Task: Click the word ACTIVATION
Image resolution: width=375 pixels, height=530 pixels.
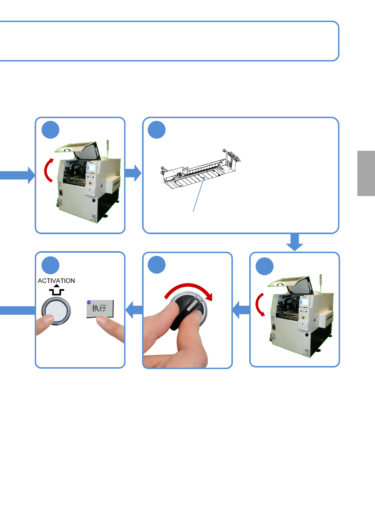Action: [56, 281]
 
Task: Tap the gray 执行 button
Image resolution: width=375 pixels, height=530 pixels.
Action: [100, 308]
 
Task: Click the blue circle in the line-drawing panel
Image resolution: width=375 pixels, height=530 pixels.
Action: [157, 130]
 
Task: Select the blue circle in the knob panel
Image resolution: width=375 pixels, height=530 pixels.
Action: [157, 265]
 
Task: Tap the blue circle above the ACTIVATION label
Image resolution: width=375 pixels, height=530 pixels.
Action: [50, 265]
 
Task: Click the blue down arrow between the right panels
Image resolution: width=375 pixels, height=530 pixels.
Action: [295, 242]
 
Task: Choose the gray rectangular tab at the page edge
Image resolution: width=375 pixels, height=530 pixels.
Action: [366, 173]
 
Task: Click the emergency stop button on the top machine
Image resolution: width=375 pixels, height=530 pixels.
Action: [90, 183]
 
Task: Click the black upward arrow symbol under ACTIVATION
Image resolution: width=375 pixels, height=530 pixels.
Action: [57, 290]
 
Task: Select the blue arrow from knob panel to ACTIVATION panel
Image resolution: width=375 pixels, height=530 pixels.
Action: [134, 310]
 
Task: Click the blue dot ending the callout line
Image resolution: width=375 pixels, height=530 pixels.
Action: [204, 178]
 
